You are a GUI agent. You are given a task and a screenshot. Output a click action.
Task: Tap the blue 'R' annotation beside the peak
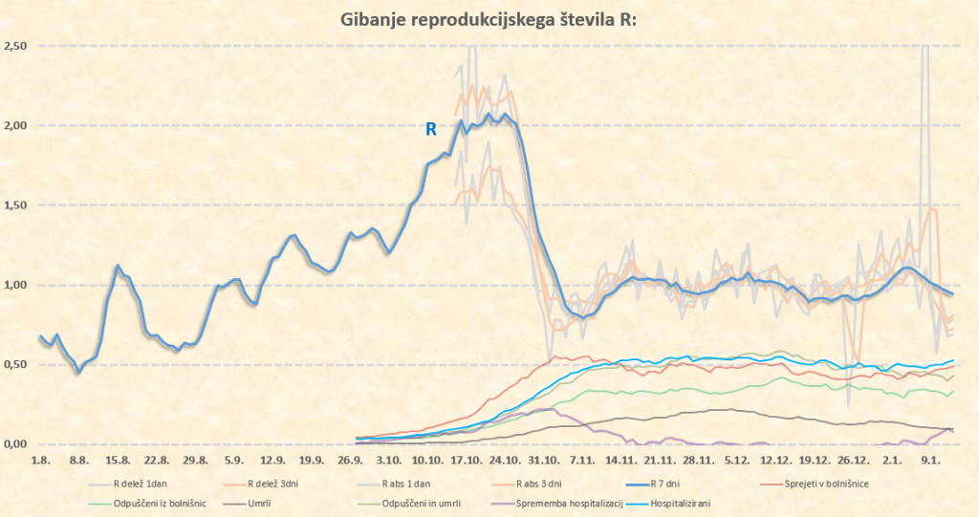(x=430, y=128)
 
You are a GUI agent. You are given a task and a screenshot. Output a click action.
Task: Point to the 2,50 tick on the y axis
(x=14, y=46)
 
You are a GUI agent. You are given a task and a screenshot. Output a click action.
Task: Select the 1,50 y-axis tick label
(x=14, y=205)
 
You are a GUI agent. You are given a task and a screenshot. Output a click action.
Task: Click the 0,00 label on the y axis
(x=14, y=444)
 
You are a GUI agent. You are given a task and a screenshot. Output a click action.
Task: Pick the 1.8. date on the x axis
(x=41, y=461)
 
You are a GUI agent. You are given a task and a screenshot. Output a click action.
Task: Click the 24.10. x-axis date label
(x=503, y=461)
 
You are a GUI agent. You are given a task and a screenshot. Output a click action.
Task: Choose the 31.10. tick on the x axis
(x=541, y=461)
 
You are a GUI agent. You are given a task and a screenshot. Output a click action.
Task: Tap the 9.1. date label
(x=931, y=461)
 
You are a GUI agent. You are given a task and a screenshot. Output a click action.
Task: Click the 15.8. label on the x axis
(x=118, y=461)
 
